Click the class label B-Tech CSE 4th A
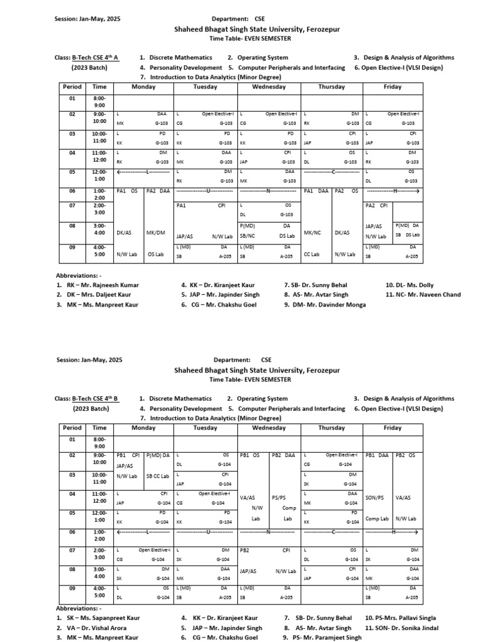tap(95, 58)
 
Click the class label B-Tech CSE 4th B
tap(95, 399)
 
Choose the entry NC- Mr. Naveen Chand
tap(423, 295)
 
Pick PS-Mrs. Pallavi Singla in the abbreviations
tap(400, 618)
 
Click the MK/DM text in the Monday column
tap(155, 233)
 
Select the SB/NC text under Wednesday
tap(247, 236)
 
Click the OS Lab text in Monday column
tap(155, 255)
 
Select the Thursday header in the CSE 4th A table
tap(331, 87)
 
